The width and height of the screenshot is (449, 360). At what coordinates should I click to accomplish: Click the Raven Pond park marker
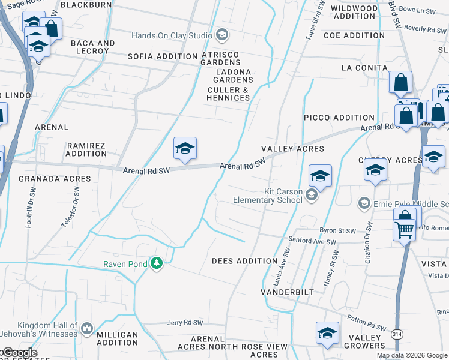click(x=157, y=263)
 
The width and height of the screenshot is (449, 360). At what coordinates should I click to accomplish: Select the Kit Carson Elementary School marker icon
click(x=311, y=194)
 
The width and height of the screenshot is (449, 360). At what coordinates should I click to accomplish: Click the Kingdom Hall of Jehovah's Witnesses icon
click(x=87, y=328)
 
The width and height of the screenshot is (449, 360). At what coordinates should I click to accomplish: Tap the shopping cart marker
click(x=403, y=229)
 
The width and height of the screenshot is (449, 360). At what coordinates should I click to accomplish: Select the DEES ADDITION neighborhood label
click(x=245, y=261)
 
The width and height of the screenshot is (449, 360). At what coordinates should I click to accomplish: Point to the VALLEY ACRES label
click(x=292, y=148)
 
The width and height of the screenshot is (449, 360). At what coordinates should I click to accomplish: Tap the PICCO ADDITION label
click(x=339, y=118)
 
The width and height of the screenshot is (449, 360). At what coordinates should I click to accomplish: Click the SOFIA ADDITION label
click(x=163, y=56)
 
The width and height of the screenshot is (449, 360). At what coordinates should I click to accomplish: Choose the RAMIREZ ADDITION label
click(x=86, y=149)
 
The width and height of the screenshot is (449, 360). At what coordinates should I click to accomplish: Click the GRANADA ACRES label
click(x=55, y=179)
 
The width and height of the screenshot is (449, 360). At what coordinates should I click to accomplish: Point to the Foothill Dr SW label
click(x=28, y=207)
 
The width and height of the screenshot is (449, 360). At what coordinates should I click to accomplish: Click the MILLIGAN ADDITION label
click(x=117, y=338)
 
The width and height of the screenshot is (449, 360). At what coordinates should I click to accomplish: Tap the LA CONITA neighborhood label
click(x=364, y=68)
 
